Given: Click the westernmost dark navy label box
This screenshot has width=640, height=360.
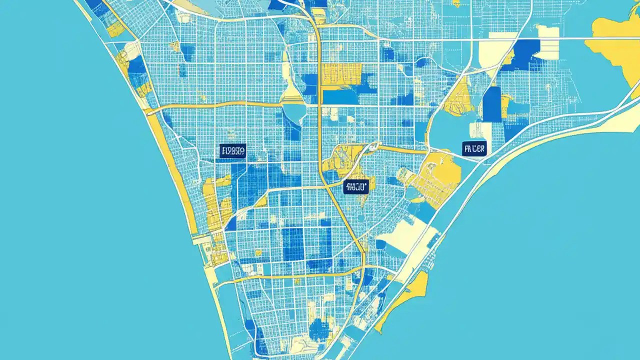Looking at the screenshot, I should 232,151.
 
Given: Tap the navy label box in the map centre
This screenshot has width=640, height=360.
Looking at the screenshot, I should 356,187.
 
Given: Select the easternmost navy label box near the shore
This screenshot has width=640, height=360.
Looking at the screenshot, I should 474,148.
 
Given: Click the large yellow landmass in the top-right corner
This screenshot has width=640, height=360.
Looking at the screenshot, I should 617,45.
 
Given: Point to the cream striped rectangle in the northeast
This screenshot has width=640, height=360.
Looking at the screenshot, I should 548,42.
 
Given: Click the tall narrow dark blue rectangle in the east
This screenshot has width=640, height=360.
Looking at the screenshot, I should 492,104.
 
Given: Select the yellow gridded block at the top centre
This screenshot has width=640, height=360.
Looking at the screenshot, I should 341,74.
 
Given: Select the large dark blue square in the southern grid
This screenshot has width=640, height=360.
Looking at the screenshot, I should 293,243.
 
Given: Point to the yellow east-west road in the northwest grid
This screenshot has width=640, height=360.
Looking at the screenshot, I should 220,105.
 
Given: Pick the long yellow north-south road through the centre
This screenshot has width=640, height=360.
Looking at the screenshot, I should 320,125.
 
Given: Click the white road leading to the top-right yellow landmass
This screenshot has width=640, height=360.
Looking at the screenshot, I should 550,38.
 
